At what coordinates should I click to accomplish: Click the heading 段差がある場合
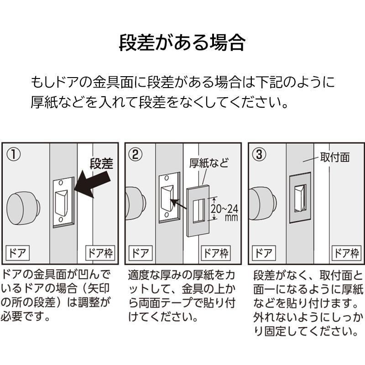(x=182, y=42)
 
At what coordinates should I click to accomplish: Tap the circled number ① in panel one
(x=14, y=155)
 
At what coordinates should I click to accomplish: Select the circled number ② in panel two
(x=135, y=154)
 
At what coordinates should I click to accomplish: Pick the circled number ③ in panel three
(x=259, y=154)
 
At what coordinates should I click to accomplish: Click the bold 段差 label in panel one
(x=101, y=163)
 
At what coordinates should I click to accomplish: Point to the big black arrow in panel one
(x=92, y=184)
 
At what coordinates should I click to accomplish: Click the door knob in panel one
(x=23, y=208)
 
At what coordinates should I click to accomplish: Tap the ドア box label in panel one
(x=17, y=253)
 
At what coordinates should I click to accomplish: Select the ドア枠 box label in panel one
(x=100, y=253)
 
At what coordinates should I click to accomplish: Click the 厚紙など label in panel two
(x=209, y=163)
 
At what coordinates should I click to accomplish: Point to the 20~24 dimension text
(x=224, y=209)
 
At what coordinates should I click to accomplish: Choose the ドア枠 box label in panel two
(x=216, y=253)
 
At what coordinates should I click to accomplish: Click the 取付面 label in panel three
(x=335, y=157)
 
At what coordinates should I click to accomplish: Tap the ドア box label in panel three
(x=264, y=253)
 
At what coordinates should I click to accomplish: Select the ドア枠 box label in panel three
(x=346, y=253)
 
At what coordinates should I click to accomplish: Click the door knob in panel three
(x=263, y=204)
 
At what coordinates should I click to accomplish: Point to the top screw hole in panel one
(x=61, y=183)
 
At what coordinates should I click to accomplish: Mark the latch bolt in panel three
(x=301, y=198)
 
